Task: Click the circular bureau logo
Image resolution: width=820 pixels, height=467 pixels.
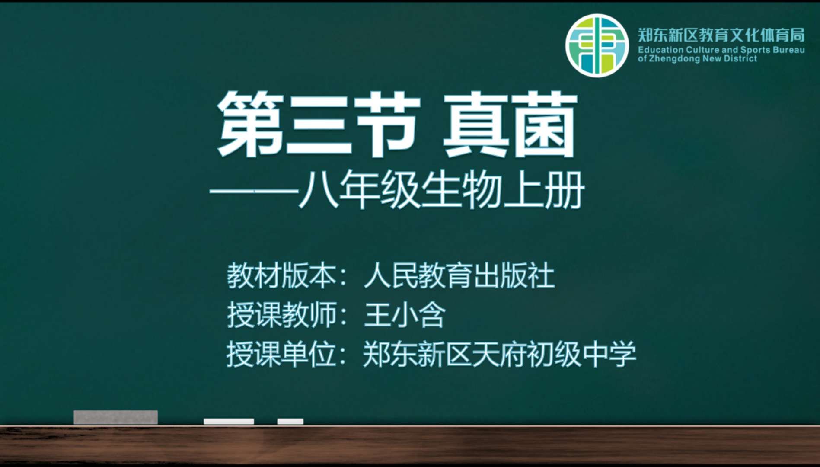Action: coord(597,45)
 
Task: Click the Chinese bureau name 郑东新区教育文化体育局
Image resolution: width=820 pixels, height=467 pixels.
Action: coord(721,35)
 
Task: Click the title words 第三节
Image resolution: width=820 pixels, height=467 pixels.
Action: coord(319,125)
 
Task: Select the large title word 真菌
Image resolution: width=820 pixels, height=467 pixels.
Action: coord(510,125)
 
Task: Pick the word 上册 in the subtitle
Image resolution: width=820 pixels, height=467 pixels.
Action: coord(544,191)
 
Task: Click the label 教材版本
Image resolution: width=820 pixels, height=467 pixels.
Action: coord(282,275)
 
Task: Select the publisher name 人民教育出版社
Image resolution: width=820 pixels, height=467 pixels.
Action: coord(459,275)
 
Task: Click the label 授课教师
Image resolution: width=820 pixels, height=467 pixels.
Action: coord(282,315)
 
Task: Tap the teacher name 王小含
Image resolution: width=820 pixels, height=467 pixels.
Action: coord(405,315)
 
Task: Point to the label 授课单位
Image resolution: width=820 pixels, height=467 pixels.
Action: coord(282,354)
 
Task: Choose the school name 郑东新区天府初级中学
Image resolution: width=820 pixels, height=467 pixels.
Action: coord(500,354)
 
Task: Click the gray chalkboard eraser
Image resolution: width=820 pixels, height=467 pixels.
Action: coord(115,417)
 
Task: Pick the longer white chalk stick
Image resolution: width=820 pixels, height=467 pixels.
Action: coord(229,421)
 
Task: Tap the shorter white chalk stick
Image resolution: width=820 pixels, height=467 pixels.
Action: coord(290,421)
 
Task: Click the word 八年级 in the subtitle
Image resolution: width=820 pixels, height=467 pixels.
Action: coord(358,191)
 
